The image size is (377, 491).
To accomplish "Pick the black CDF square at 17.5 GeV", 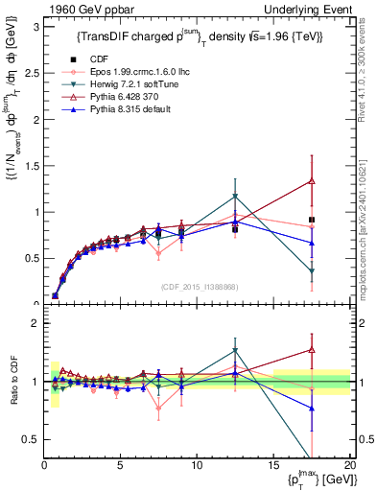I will coord(311,220).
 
